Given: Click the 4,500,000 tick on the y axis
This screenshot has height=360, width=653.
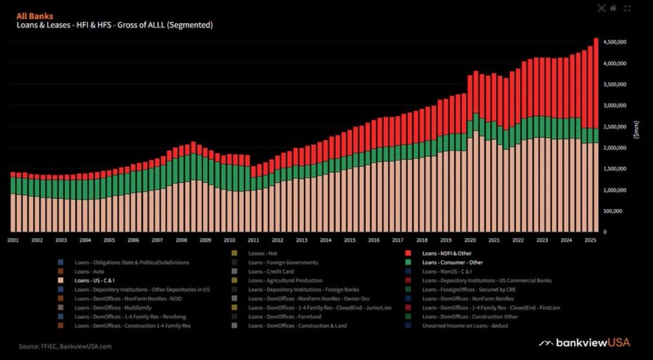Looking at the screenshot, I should click(615, 42).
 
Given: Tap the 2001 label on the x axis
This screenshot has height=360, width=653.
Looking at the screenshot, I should click(12, 240).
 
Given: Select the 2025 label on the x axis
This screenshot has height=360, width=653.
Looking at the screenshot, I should click(590, 240).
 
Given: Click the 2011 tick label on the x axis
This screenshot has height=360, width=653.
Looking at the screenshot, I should click(253, 240).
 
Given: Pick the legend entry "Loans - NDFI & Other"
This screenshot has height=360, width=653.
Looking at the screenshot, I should click(446, 253).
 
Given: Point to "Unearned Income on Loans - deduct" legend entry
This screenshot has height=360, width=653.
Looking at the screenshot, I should click(465, 326).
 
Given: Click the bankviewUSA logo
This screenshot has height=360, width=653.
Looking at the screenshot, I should click(584, 343).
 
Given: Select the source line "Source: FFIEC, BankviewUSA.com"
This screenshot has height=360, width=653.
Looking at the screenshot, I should click(65, 346).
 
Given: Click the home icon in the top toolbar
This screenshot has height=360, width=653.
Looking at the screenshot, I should click(613, 8).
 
